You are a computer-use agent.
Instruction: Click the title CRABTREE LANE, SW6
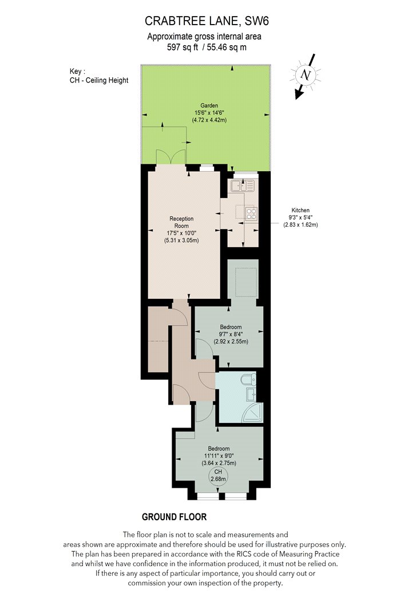click(207, 21)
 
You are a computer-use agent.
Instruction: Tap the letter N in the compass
click(306, 74)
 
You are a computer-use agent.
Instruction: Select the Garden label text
click(209, 105)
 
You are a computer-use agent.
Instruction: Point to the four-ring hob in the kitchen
click(251, 213)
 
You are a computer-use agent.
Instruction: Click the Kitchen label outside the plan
click(300, 210)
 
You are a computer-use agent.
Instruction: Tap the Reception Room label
click(181, 222)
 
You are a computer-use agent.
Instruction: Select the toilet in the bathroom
click(249, 379)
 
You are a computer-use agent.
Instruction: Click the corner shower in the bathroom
click(253, 413)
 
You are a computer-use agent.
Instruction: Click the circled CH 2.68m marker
click(218, 476)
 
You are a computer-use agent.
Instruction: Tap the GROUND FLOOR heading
click(175, 517)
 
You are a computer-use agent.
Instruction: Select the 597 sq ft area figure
click(183, 48)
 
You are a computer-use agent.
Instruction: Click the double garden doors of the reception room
click(171, 157)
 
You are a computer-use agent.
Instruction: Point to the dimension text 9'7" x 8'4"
click(231, 334)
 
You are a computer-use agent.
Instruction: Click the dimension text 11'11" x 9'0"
click(219, 456)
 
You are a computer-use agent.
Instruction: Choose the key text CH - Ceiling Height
click(99, 81)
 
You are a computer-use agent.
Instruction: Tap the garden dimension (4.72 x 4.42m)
click(209, 120)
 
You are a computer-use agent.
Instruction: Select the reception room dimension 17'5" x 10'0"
click(181, 233)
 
